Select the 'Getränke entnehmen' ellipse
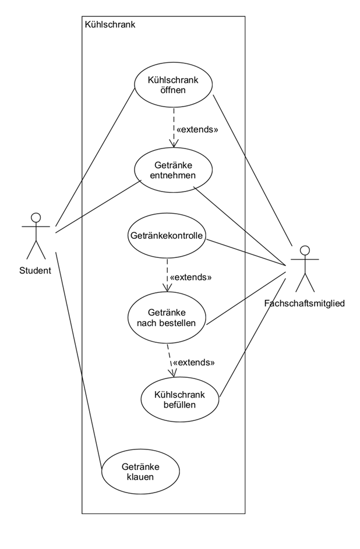click(x=173, y=169)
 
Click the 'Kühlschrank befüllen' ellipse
click(x=181, y=400)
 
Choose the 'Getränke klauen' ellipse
click(x=140, y=472)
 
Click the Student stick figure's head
click(x=36, y=218)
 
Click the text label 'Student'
click(x=35, y=270)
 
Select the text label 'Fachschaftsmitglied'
click(x=304, y=303)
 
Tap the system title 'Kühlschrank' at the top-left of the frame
click(x=110, y=24)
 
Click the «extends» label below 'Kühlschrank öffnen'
click(x=197, y=129)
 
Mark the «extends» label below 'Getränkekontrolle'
click(x=190, y=277)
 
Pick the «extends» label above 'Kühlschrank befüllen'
click(x=194, y=362)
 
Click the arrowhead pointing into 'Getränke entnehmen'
click(x=173, y=144)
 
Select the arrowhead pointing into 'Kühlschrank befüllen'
click(x=172, y=373)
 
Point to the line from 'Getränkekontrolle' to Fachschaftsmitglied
click(x=248, y=253)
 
